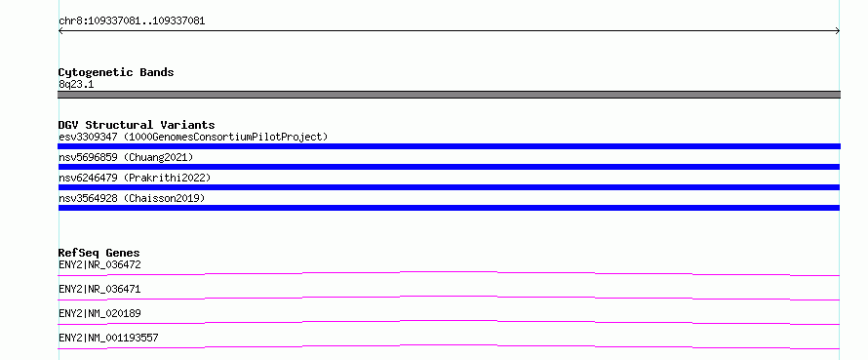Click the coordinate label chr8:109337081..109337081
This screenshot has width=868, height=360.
tap(132, 21)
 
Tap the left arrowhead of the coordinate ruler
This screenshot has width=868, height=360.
tap(59, 31)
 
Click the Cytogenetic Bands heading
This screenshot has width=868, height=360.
tap(116, 72)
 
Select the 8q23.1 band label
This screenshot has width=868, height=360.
tap(76, 85)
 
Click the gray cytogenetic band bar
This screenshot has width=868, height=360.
tap(449, 95)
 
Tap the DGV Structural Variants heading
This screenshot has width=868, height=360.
tap(137, 125)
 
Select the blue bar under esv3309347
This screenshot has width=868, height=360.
tap(449, 146)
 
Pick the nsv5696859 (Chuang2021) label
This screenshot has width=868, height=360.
tap(126, 157)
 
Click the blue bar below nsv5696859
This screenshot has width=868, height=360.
tap(449, 167)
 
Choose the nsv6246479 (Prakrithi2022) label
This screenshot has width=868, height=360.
tap(135, 178)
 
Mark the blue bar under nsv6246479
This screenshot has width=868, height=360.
tap(449, 187)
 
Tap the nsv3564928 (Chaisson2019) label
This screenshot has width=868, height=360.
tap(132, 198)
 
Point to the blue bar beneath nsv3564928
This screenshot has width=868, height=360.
tap(449, 208)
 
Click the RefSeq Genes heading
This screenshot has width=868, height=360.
tap(99, 254)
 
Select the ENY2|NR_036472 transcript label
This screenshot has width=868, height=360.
tap(99, 264)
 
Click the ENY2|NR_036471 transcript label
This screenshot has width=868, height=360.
tap(99, 289)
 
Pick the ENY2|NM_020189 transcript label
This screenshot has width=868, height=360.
tap(99, 313)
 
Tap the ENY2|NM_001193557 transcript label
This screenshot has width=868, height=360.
tap(108, 338)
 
